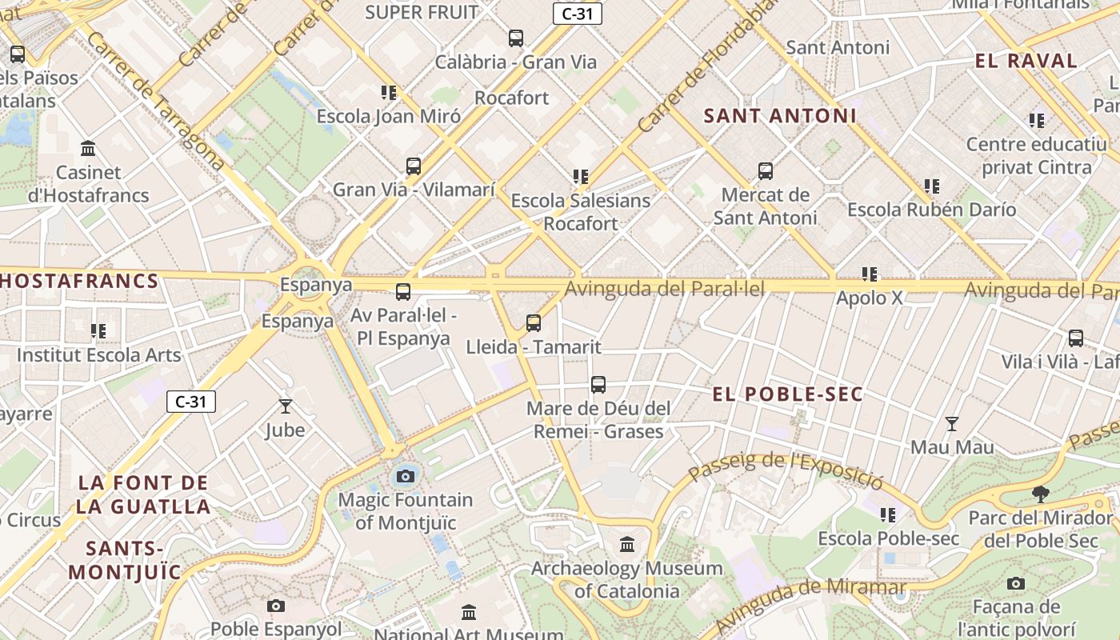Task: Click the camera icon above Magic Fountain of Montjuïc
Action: click(x=406, y=477)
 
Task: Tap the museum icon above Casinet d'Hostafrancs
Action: click(x=88, y=149)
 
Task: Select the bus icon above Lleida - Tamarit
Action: click(x=534, y=323)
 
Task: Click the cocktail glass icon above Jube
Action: click(x=285, y=406)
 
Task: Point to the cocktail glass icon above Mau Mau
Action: click(x=952, y=423)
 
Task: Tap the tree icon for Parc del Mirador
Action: click(x=1040, y=494)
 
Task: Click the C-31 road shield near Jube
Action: click(x=191, y=402)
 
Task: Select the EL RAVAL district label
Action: click(x=1026, y=61)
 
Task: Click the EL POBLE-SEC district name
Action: click(x=787, y=394)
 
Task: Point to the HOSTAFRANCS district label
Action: click(x=78, y=282)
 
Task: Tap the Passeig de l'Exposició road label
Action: click(x=786, y=470)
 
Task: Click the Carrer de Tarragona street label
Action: click(x=152, y=100)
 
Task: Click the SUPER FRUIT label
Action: click(x=422, y=12)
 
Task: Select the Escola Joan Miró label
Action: click(x=389, y=117)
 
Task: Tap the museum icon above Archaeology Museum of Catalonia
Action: click(x=627, y=545)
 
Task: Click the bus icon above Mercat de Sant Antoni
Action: click(x=766, y=170)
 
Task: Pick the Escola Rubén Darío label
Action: click(x=931, y=210)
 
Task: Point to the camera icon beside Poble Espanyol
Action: click(x=276, y=606)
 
